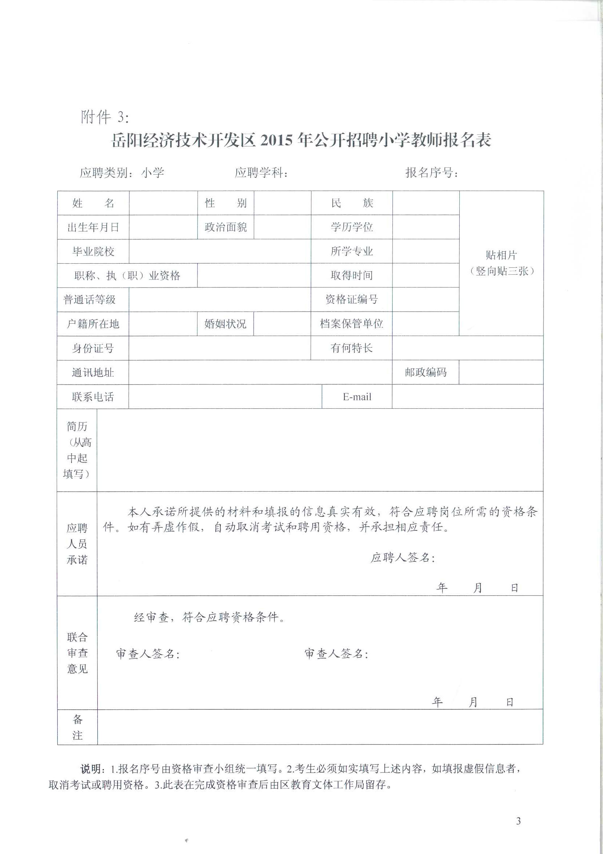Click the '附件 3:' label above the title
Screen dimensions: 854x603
click(105, 117)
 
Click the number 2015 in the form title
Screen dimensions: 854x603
click(277, 141)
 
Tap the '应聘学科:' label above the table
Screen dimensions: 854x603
click(261, 172)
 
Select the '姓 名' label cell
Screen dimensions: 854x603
click(93, 203)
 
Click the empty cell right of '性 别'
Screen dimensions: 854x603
click(282, 203)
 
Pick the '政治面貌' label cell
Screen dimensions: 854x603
click(225, 227)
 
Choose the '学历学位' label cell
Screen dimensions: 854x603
click(351, 227)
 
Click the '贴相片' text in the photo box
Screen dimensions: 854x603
click(501, 255)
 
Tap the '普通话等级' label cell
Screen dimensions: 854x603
click(89, 300)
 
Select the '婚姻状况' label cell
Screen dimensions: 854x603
click(225, 324)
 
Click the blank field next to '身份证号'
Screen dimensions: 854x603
click(220, 348)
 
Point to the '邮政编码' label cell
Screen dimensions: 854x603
click(425, 372)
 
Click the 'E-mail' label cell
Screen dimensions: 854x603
click(357, 397)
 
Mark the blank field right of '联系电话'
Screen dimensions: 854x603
click(225, 397)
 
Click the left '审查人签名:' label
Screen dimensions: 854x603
click(148, 653)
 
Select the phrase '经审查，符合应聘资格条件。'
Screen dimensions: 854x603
click(209, 617)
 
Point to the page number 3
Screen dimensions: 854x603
click(518, 821)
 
